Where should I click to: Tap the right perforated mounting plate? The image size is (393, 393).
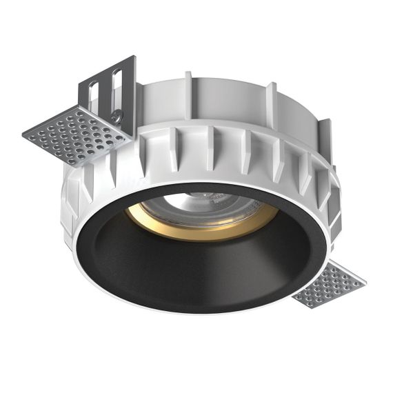[x=330, y=284]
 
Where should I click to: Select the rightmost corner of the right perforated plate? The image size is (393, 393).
[x=366, y=282]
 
